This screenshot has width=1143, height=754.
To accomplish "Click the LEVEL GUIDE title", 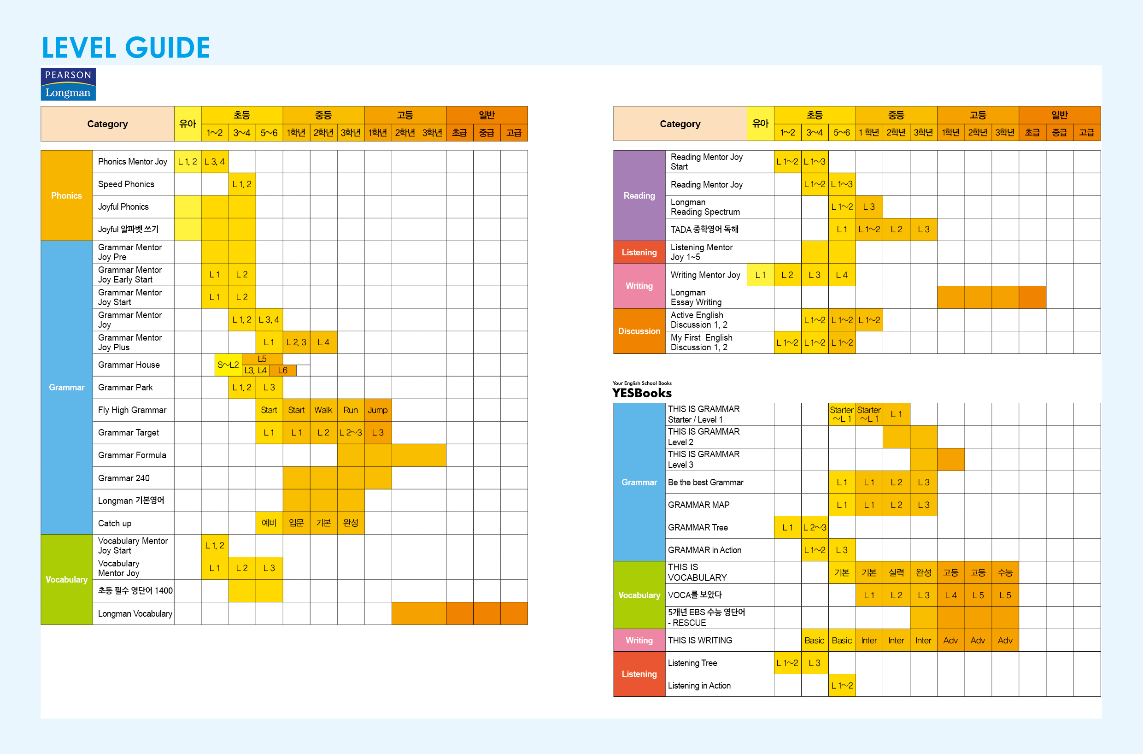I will click(126, 47).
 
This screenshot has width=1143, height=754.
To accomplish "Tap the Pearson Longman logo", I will click(68, 84).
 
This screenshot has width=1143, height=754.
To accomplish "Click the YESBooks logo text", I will click(642, 392).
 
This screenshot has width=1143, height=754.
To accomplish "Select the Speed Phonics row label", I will click(126, 184).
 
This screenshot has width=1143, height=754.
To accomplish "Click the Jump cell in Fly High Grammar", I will click(378, 410).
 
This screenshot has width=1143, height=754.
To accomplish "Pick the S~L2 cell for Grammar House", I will click(229, 365).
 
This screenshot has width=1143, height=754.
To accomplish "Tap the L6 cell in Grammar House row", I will click(282, 370).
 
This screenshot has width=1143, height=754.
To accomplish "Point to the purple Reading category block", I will click(639, 196).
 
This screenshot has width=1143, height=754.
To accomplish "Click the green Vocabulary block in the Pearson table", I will click(66, 579).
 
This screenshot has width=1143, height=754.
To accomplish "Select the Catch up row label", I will click(114, 523).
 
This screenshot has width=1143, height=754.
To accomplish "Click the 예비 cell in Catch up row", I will click(269, 523).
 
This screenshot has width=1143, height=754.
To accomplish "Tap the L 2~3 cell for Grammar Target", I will click(351, 433).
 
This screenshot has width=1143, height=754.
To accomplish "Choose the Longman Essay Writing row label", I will click(696, 297).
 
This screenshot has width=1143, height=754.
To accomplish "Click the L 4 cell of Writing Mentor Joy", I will click(842, 275).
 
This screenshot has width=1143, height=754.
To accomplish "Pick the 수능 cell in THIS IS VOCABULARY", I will click(1005, 573).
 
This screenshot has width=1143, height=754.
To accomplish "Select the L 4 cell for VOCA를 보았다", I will click(950, 595).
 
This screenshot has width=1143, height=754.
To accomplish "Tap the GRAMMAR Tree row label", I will click(698, 528).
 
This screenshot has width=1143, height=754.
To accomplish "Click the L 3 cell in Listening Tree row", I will click(815, 663).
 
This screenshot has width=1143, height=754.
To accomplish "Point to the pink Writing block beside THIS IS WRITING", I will click(639, 641).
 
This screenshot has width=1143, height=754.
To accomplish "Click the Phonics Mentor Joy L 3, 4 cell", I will click(214, 162).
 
